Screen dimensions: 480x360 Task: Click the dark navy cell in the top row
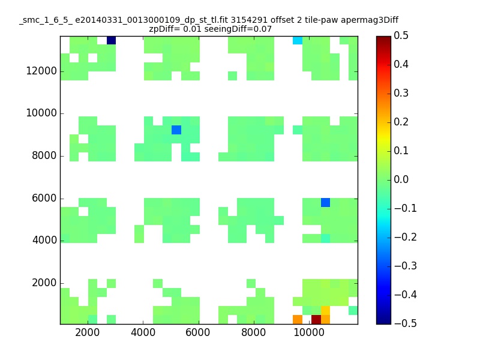(111, 40)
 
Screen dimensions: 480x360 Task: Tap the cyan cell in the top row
(298, 40)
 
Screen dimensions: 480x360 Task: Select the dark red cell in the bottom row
(316, 320)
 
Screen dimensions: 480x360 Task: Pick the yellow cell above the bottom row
(325, 310)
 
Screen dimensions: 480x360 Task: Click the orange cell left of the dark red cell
(298, 320)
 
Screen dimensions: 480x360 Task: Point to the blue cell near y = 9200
(176, 130)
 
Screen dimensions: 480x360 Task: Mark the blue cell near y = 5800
(325, 202)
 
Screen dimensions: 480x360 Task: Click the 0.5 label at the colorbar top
(401, 35)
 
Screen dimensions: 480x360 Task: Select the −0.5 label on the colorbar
(406, 323)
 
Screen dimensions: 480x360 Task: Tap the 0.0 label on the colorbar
(401, 179)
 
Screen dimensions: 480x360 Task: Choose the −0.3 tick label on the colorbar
(406, 266)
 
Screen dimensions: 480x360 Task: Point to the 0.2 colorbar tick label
(401, 122)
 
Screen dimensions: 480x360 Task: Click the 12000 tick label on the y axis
(41, 71)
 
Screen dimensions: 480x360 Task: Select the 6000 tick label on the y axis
(44, 198)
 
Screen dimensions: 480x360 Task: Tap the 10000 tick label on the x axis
(309, 332)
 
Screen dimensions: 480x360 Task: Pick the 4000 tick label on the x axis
(143, 332)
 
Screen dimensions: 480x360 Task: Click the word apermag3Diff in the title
(370, 20)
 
